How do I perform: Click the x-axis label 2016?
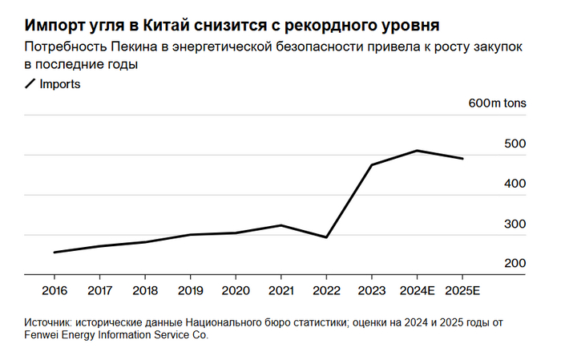(54, 289)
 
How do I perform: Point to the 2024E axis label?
(416, 289)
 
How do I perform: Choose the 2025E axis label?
(463, 289)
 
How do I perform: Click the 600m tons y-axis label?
(497, 104)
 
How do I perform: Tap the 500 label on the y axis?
(514, 144)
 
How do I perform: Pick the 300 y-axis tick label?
(514, 224)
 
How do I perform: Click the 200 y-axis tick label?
(514, 264)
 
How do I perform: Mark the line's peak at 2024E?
(417, 151)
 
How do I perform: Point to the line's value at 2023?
(371, 165)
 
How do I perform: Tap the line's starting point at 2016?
(54, 253)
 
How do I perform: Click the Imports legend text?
(60, 83)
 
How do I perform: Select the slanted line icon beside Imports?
(31, 83)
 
